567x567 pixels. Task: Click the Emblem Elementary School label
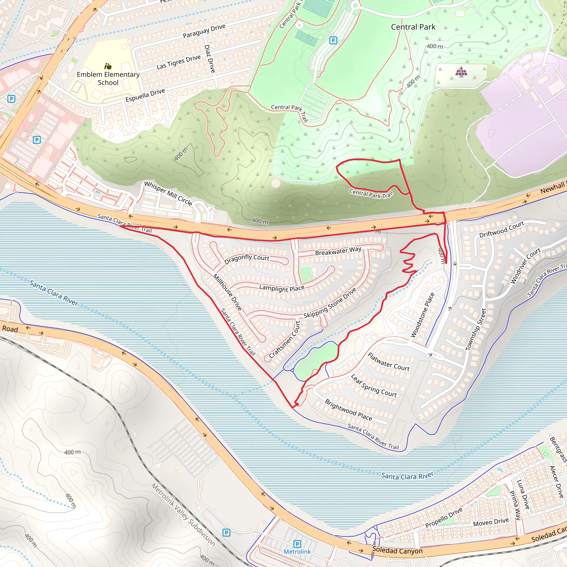[x=108, y=78]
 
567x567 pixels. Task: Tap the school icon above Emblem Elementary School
[x=108, y=66]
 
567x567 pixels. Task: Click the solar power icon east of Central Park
[x=461, y=71]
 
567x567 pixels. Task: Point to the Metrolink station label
[x=297, y=551]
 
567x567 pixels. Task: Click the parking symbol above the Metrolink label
[x=297, y=544]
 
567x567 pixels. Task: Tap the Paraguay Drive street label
[x=204, y=31]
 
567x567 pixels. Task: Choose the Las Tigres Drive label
[x=179, y=62]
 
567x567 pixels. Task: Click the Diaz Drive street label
[x=210, y=59]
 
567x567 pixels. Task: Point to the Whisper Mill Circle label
[x=168, y=193]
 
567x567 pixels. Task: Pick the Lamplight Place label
[x=282, y=288]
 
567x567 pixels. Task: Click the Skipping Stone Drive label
[x=330, y=303]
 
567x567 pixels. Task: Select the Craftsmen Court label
[x=285, y=339]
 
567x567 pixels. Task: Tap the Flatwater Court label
[x=388, y=362]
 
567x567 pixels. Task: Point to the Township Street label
[x=476, y=329]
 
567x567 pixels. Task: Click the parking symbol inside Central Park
[x=333, y=40]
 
